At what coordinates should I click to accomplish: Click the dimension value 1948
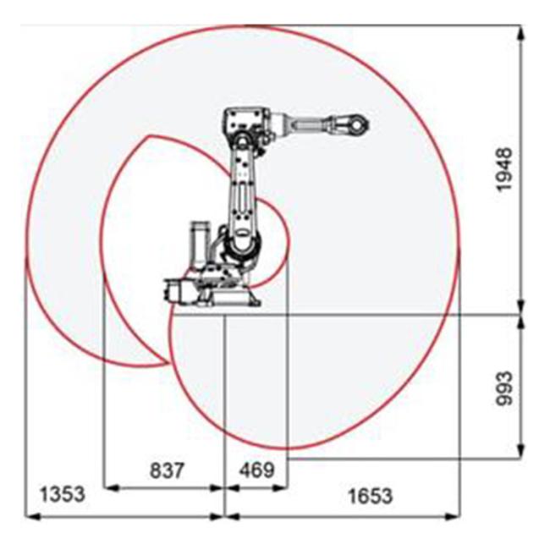pyautogui.click(x=505, y=169)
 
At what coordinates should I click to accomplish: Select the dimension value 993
pyautogui.click(x=505, y=388)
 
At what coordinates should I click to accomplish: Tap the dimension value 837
pyautogui.click(x=167, y=470)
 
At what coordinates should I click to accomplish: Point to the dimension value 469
pyautogui.click(x=256, y=470)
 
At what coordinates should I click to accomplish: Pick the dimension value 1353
pyautogui.click(x=63, y=494)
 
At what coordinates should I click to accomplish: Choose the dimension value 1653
pyautogui.click(x=371, y=496)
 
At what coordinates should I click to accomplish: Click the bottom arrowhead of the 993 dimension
pyautogui.click(x=521, y=450)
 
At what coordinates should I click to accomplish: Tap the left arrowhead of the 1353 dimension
pyautogui.click(x=34, y=516)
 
